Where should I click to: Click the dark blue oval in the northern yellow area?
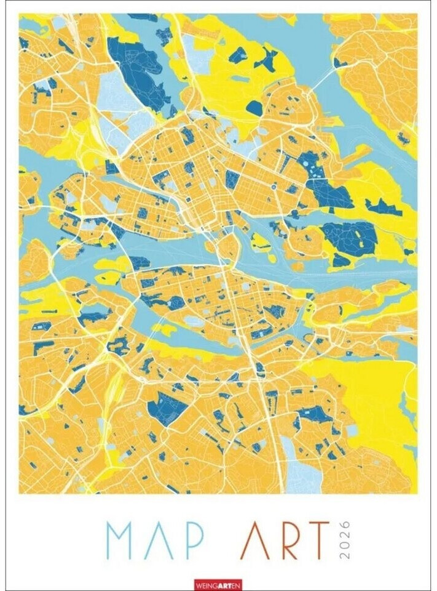pos(254,107)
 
